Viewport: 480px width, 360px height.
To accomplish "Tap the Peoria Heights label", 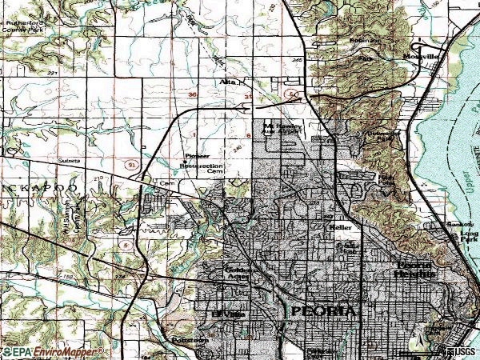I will (414, 270).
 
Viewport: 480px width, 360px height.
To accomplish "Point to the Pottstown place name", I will (190, 340).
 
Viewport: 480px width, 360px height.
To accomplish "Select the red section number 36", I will (193, 94).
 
